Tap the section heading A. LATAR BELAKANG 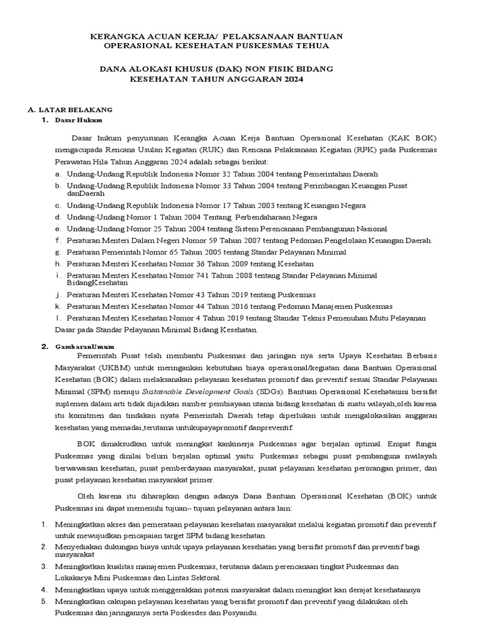point(70,109)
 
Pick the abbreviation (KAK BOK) point(410,137)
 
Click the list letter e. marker point(58,229)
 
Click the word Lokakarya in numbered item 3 point(74,578)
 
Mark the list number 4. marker point(44,590)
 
